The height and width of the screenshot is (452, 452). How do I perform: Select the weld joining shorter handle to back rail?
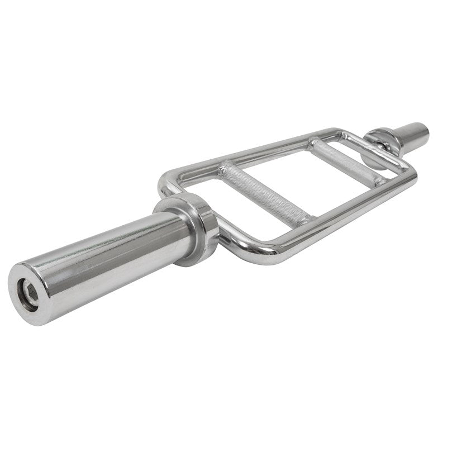pyautogui.click(x=313, y=144)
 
